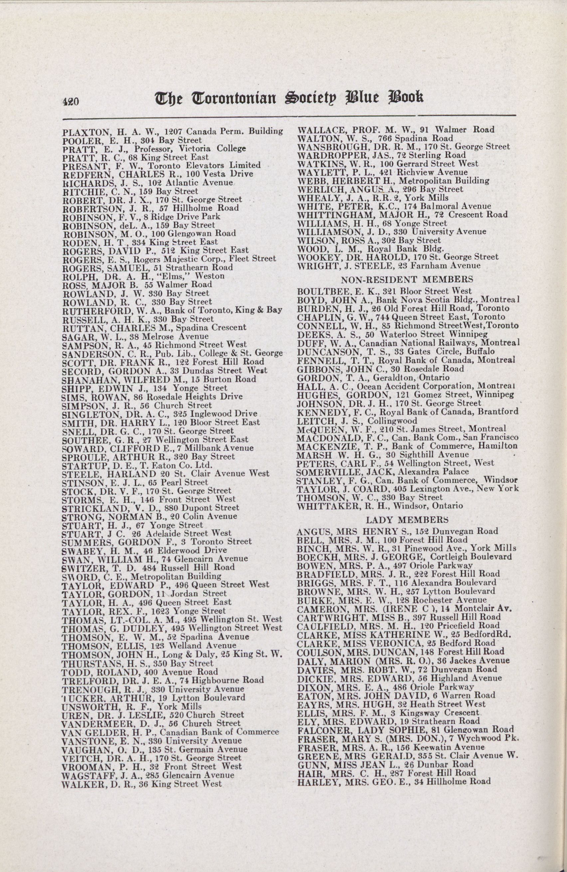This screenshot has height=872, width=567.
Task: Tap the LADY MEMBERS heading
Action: (x=407, y=519)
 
